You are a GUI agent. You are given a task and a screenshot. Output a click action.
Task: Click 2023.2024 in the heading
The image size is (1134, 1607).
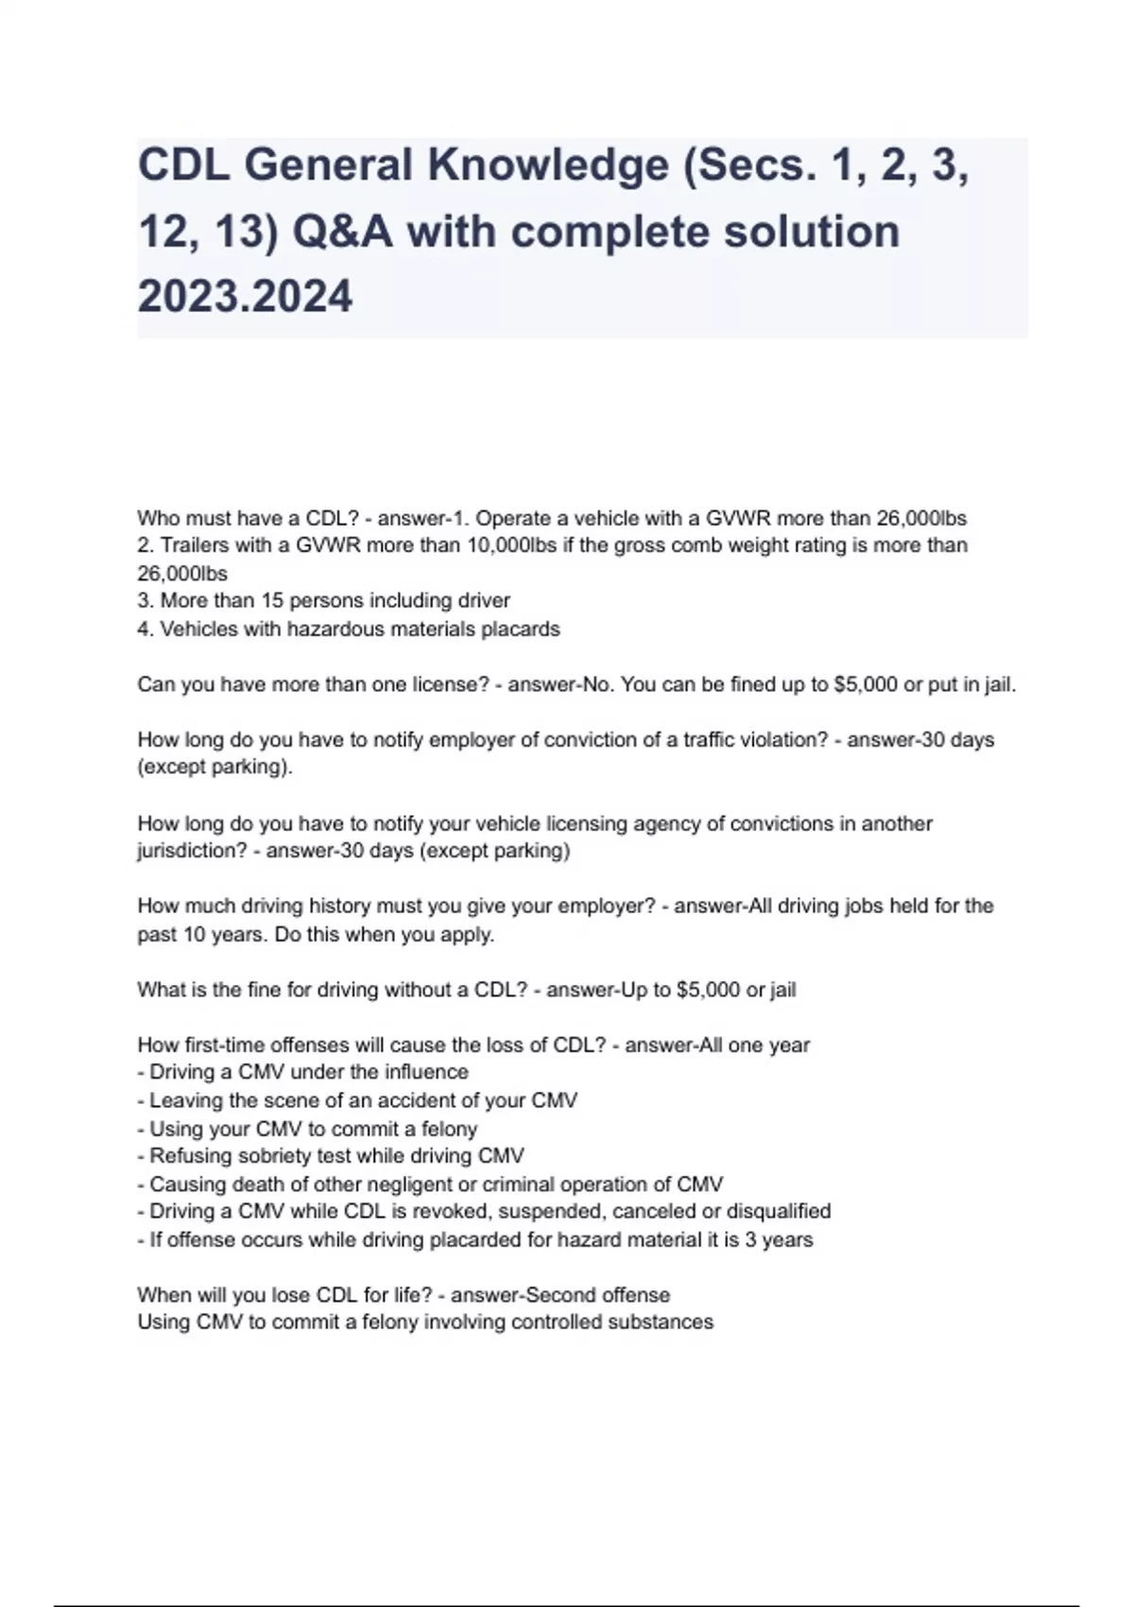click(245, 297)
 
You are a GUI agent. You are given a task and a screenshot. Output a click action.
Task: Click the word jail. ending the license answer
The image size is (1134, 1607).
click(994, 684)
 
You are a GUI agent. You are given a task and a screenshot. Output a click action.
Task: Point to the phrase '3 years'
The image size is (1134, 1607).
click(779, 1239)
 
